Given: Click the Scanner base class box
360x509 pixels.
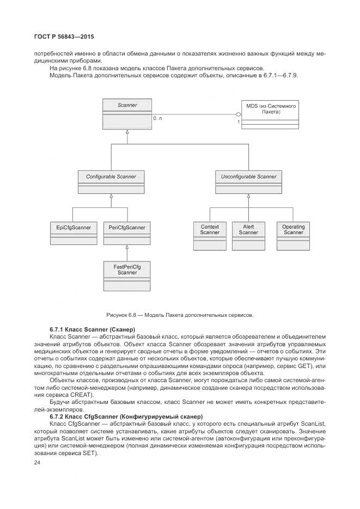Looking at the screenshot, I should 127,113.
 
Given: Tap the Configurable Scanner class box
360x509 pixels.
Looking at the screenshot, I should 111,182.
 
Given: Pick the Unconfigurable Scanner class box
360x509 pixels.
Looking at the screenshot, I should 248,182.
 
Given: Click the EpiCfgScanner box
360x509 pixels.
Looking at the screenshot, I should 73,234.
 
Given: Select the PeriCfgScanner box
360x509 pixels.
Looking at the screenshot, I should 127,234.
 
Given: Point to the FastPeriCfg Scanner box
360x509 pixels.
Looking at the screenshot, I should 127,275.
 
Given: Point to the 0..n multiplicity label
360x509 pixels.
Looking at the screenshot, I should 157,118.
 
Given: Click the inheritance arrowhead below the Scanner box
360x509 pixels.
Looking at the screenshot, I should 127,132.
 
